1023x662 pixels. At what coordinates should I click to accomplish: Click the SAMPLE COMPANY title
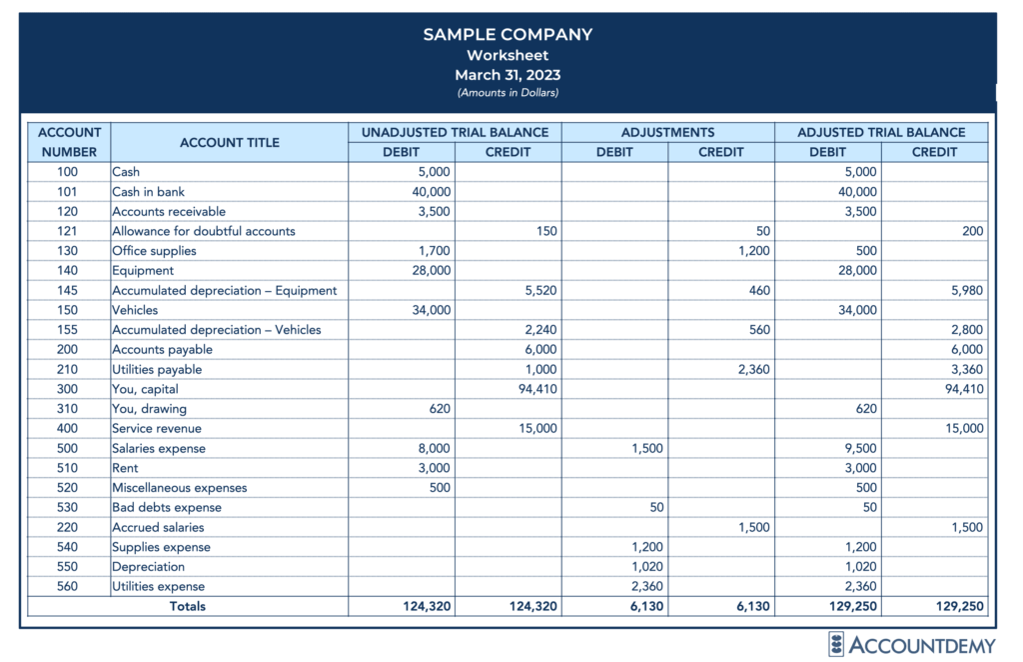point(508,35)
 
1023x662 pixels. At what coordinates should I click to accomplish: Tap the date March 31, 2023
point(508,75)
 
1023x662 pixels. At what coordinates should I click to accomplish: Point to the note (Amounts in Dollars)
point(508,93)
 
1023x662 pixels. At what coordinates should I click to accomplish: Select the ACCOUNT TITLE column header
point(230,142)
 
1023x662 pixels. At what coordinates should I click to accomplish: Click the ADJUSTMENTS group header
point(667,132)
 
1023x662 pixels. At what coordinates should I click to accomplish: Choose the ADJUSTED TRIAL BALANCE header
point(881,132)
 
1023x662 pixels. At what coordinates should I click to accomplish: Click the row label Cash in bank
point(148,192)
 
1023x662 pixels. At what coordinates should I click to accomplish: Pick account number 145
point(69,290)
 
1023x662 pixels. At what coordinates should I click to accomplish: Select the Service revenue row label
point(157,428)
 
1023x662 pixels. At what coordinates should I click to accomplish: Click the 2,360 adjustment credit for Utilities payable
point(750,369)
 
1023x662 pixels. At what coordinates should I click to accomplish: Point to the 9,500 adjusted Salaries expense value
point(859,448)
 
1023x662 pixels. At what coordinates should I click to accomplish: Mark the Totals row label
point(188,606)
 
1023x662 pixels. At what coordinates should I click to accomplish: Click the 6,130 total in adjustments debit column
point(643,606)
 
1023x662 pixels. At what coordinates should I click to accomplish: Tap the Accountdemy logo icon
point(836,644)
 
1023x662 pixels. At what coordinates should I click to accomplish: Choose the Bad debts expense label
point(167,507)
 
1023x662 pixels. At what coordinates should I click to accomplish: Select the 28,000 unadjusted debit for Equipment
point(431,270)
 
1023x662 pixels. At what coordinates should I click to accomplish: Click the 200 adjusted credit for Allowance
point(973,231)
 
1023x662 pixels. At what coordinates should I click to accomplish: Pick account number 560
point(69,586)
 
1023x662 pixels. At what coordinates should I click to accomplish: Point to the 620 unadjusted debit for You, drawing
point(439,408)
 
